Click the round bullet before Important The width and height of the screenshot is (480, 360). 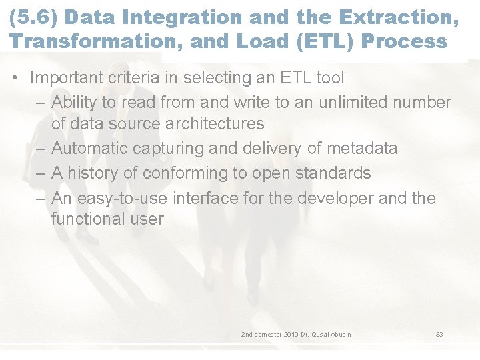coord(15,78)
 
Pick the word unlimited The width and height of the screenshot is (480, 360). coord(355,103)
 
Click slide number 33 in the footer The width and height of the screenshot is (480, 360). coord(439,334)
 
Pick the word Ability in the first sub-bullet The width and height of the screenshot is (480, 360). coord(75,103)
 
